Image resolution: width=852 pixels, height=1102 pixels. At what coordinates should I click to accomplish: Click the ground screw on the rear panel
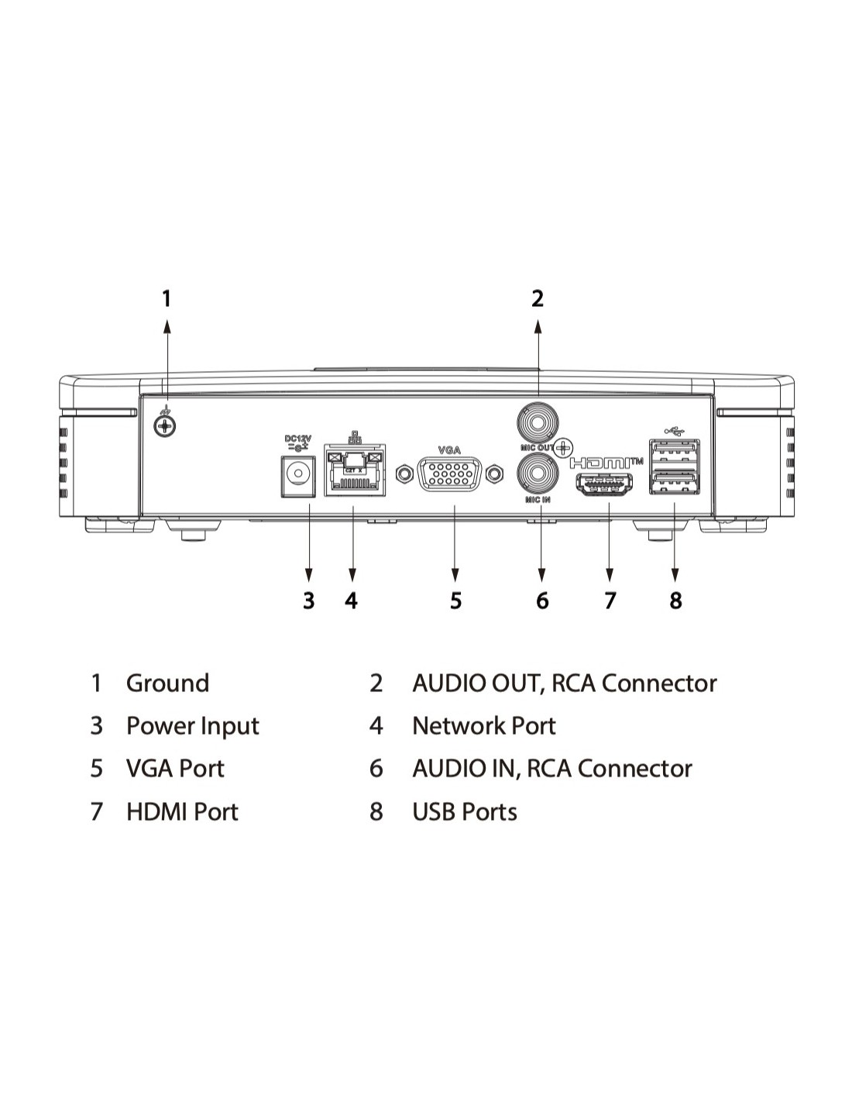165,425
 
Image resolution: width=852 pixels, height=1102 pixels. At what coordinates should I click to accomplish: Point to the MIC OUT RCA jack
538,422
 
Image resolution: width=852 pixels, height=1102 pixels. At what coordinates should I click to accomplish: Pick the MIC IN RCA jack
538,473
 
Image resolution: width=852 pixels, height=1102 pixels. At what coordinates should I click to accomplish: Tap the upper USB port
675,451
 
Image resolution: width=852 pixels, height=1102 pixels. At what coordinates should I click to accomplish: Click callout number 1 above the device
166,298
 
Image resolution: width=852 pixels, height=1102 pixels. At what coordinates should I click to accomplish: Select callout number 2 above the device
538,298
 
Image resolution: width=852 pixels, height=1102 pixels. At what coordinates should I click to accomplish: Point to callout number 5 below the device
455,601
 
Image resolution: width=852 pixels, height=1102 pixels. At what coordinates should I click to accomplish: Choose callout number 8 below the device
675,601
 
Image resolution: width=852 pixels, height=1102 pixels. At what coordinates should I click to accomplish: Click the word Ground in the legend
167,684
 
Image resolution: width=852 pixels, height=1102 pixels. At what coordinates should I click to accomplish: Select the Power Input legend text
192,726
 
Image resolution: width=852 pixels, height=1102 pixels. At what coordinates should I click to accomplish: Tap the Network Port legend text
483,726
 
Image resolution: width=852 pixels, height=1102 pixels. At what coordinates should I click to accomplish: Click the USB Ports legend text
464,812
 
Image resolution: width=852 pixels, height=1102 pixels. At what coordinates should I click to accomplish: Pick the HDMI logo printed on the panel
603,463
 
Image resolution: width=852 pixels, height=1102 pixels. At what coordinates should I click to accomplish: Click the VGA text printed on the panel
449,449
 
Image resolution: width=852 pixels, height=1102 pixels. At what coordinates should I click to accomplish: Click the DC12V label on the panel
297,439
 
